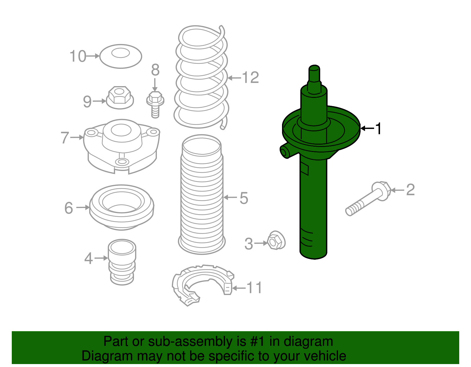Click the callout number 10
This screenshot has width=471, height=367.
78,56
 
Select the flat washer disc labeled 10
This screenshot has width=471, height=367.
121,56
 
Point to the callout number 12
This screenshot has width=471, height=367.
250,78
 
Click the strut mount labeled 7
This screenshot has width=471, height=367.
122,145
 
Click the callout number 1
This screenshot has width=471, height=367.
378,128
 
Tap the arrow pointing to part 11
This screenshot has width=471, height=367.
239,288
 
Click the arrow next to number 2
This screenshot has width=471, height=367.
397,190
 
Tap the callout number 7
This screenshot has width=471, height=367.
65,138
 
